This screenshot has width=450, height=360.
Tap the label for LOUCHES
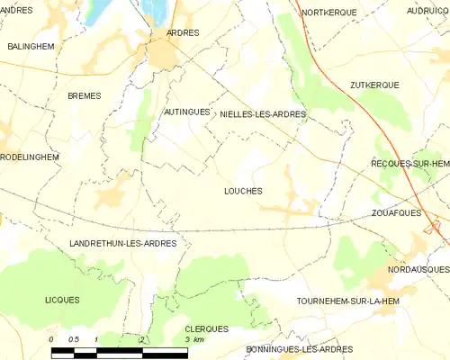[243, 191]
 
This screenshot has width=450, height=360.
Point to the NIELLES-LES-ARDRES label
[263, 114]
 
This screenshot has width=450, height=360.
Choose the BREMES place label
[84, 94]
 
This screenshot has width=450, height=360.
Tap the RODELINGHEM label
[30, 157]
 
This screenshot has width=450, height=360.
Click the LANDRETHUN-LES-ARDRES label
[122, 244]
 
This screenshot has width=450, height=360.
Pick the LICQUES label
[62, 300]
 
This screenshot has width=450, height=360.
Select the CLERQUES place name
[206, 328]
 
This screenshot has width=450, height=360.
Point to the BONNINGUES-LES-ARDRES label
[299, 349]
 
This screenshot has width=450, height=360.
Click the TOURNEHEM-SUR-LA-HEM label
[346, 301]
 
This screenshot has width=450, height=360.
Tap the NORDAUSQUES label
[419, 269]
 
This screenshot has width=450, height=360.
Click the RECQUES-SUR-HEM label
[410, 164]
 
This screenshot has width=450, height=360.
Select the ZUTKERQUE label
[373, 85]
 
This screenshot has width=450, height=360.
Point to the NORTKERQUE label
[329, 12]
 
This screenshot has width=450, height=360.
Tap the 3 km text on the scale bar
[193, 340]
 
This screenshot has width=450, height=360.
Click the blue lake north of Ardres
[157, 10]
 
